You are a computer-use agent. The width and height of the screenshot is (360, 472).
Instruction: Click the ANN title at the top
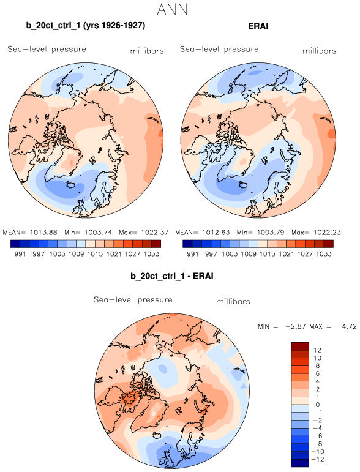click(173, 9)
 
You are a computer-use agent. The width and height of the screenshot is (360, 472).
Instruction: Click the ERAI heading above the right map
click(258, 26)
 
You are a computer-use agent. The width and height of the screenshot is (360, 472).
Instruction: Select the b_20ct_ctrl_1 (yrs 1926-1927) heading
click(86, 26)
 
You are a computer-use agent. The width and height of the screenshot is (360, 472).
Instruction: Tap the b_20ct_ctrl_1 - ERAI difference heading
click(172, 276)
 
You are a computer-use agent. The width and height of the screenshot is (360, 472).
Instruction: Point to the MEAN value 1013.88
click(40, 233)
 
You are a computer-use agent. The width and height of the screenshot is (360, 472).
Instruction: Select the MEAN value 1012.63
click(216, 233)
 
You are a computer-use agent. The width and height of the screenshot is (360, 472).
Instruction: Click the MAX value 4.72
click(349, 326)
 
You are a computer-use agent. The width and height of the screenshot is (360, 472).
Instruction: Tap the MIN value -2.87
click(296, 326)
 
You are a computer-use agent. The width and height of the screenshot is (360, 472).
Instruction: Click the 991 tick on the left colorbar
click(20, 254)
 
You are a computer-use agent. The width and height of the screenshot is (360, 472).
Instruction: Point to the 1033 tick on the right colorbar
click(324, 254)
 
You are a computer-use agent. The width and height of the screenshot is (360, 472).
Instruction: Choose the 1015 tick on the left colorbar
click(95, 254)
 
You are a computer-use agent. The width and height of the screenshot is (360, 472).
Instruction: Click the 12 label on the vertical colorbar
click(317, 350)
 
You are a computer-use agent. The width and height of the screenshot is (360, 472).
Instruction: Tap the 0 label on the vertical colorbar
click(318, 405)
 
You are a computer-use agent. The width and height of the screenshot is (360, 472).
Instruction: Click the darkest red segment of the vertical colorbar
click(300, 346)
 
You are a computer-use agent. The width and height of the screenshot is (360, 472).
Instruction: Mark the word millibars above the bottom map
click(233, 301)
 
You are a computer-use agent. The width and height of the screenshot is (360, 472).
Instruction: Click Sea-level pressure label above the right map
click(219, 49)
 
